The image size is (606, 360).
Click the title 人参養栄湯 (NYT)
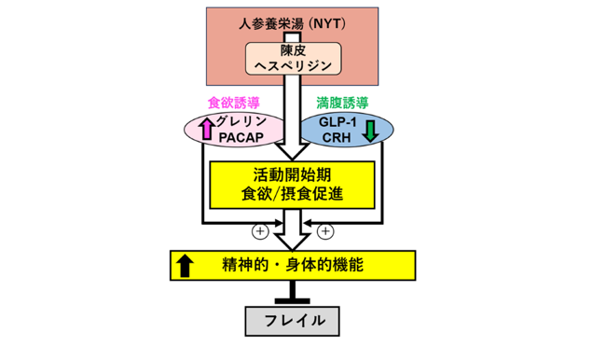coord(292,24)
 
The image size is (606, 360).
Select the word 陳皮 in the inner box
coord(294,50)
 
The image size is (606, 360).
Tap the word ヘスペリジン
coord(294,65)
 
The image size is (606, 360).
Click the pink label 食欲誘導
coord(234,103)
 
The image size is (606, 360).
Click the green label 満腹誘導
coord(342,103)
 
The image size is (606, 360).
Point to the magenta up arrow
coord(207,129)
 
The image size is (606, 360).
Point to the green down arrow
coord(371,131)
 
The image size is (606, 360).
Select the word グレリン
coord(241,121)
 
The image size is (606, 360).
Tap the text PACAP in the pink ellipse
coord(241,138)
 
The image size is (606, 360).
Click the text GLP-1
coord(337,122)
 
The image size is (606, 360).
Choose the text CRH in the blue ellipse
coord(337,138)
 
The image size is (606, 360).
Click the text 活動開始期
coord(292,174)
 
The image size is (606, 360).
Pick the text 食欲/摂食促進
coord(292,194)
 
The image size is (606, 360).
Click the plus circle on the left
coord(260,231)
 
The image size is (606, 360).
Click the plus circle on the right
coord(325,231)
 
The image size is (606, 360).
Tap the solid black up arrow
coord(185,265)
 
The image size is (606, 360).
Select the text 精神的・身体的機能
coord(293,265)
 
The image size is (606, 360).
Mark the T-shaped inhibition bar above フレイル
coord(293,292)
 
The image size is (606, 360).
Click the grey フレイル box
coord(293,322)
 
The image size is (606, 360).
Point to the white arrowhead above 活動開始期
coord(292,151)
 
